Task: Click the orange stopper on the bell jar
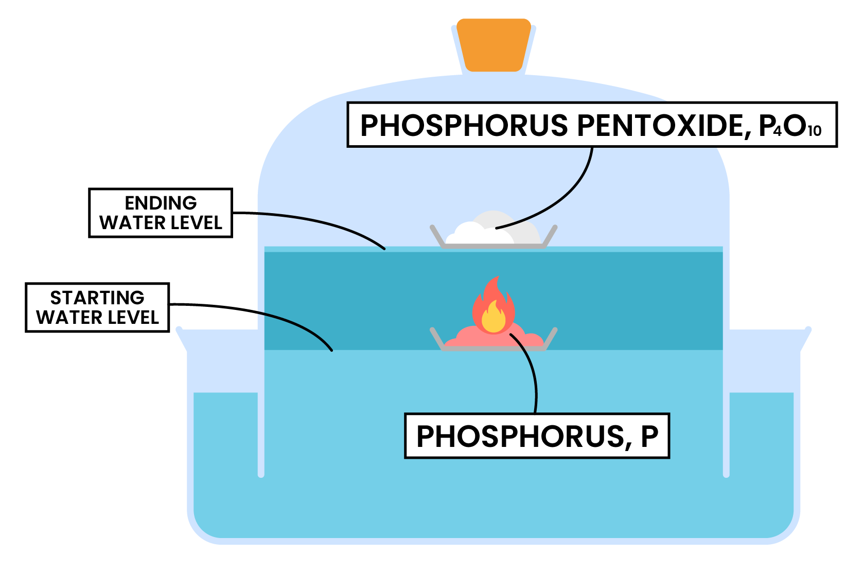tap(494, 44)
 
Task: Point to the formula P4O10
tap(790, 126)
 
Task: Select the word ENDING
tap(161, 203)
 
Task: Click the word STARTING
tap(97, 298)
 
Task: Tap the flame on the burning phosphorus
tap(493, 307)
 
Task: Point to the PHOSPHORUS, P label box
tap(537, 436)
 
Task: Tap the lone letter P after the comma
tap(649, 436)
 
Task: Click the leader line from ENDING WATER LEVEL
tap(319, 220)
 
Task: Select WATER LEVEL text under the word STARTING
tap(97, 318)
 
